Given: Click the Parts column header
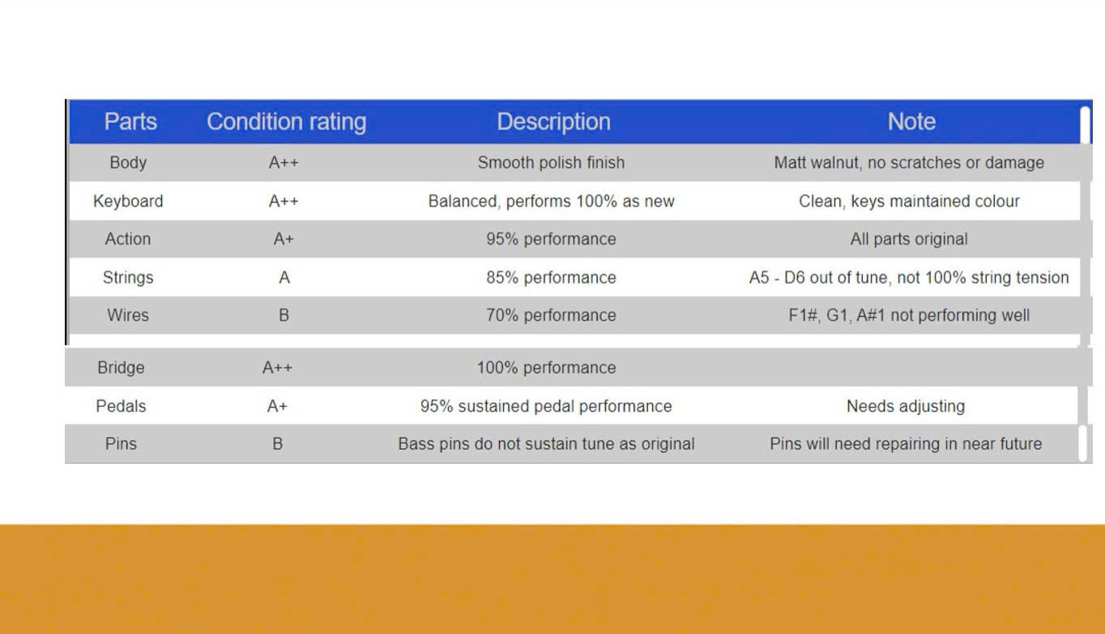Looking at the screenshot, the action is (130, 122).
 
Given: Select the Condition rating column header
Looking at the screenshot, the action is (286, 122).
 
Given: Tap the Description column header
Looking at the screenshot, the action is (553, 122).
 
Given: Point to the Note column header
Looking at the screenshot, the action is (911, 122).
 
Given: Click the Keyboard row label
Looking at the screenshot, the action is (128, 201).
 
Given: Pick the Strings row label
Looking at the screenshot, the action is (128, 277).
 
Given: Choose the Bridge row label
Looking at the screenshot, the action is (121, 368).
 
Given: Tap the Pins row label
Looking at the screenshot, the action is (121, 444).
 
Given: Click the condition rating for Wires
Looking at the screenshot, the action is (284, 315).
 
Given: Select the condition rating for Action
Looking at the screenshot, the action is (284, 239).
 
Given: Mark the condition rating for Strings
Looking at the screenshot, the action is (284, 277).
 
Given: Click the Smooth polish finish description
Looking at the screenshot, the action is (551, 163).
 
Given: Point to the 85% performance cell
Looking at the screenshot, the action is (551, 277).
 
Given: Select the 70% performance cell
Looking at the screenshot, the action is (551, 315).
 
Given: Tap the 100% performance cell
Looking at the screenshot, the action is (546, 368).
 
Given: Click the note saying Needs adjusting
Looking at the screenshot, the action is (906, 406).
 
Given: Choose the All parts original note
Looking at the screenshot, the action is (909, 239).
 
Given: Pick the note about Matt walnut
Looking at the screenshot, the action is (909, 163).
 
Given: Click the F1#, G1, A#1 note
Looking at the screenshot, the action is (909, 315).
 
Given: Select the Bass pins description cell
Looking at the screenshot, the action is (546, 444).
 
